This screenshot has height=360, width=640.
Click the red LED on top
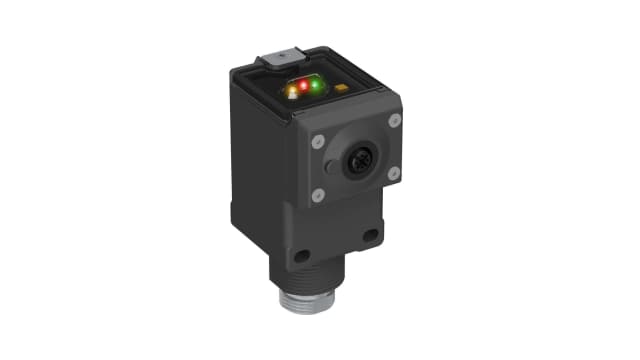pos(304,89)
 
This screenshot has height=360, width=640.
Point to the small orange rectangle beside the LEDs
pos(344,90)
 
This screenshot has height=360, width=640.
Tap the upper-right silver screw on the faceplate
pos(394,120)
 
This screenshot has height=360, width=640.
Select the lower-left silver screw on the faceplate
pos(318,195)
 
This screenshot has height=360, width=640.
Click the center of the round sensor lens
pos(357,160)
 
